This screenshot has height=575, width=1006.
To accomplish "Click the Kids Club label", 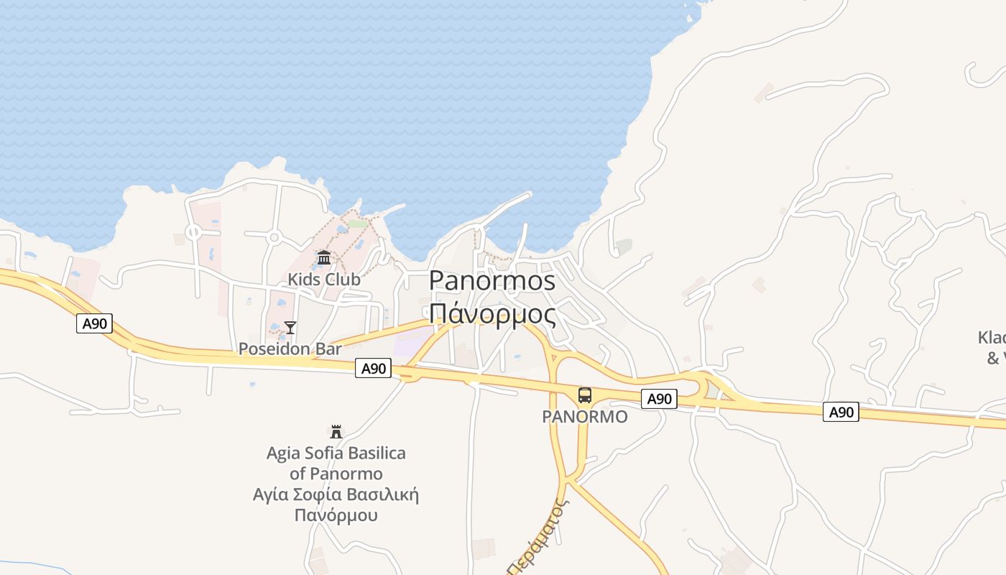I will coord(324,279).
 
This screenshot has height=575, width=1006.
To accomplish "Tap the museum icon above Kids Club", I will coord(324,257).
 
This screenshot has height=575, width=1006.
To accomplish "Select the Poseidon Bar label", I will coord(290,349).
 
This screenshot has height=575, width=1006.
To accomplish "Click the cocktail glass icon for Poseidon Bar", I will coord(290,328).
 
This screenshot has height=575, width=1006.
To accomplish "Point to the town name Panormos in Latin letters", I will coord(492,281).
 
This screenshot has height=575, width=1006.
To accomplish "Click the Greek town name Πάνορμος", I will coord(492,314).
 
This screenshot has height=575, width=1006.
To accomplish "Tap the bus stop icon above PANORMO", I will coord(585,395).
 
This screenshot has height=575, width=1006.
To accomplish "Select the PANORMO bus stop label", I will coord(584,417).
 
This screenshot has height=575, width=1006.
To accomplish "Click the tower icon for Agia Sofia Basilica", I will coord(336,432).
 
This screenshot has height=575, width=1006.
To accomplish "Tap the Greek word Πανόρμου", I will coord(336,515).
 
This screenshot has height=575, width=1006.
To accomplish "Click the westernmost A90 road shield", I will coord(94,323).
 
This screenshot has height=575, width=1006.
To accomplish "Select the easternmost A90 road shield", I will coord(841,412).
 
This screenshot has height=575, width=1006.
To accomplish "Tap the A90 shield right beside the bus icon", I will coord(659,399).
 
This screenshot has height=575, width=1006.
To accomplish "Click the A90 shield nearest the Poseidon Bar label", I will coord(374,369).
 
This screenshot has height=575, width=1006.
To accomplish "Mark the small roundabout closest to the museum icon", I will coord(274,237).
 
